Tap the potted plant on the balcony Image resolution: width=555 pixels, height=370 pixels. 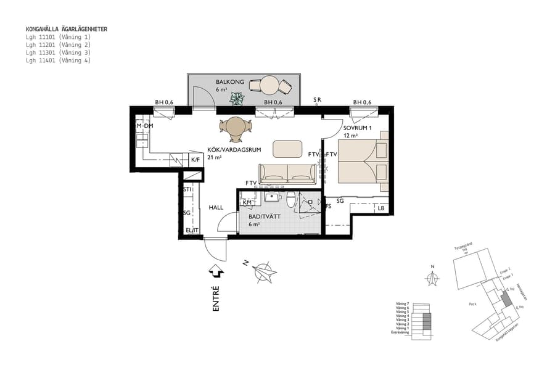coord(237,97)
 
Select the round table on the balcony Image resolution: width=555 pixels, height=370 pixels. coord(269,84)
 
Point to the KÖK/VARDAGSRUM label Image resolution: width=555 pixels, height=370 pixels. coord(227,149)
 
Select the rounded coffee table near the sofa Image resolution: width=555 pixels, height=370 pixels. coord(287,149)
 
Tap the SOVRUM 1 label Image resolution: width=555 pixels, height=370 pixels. coord(358,128)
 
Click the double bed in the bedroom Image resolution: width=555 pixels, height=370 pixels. coord(363,162)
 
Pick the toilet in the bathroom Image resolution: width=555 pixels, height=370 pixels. coord(290,199)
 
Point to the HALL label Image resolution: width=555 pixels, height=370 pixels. coord(216,208)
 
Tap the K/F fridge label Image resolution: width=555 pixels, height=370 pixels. coord(195,160)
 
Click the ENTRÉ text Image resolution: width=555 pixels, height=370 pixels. coord(216,298)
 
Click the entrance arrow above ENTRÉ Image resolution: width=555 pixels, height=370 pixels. coord(216,270)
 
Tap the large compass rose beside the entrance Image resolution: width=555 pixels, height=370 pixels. coord(264,271)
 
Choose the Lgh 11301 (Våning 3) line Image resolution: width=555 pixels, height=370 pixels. coord(58,53)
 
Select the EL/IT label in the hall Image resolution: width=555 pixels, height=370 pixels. coord(192,231)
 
